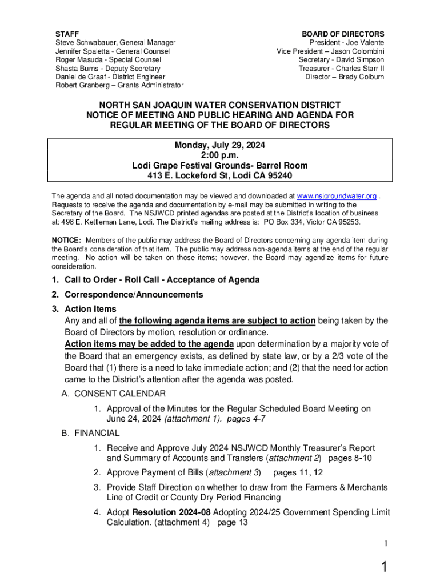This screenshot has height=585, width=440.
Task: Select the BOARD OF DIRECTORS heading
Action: coord(343,34)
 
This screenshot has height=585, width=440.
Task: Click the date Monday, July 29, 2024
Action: coord(220,145)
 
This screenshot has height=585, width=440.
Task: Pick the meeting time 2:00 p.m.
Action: coord(220,155)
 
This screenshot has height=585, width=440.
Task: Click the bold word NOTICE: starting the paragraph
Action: coord(66,241)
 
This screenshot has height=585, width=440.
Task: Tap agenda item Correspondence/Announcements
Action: coord(134,295)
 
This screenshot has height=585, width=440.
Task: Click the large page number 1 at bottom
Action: coord(385,567)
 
